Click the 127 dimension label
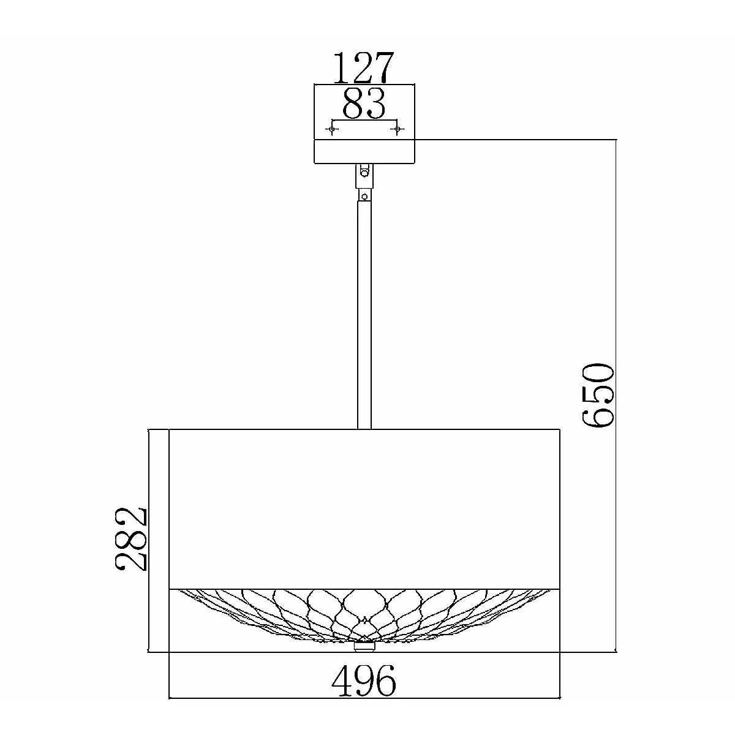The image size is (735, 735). tap(363, 68)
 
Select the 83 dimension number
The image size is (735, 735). tap(364, 104)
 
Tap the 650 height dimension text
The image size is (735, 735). tap(597, 395)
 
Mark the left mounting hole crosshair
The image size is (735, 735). tap(332, 130)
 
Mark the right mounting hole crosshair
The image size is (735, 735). tap(397, 130)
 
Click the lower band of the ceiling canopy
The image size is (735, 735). tap(364, 151)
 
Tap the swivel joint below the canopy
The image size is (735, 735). tap(364, 176)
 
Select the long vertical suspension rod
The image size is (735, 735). tap(364, 315)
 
